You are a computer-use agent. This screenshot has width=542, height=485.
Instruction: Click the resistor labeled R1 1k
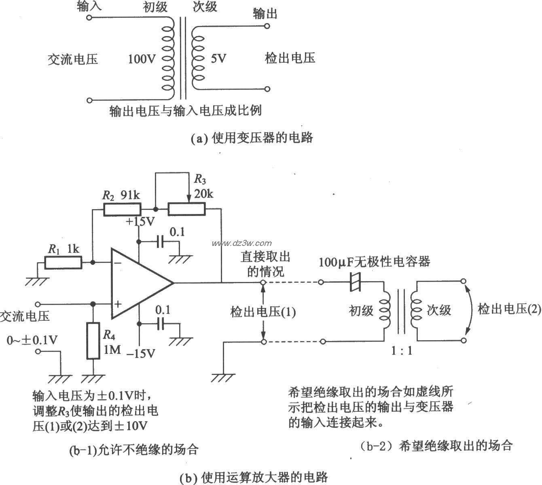pos(63,263)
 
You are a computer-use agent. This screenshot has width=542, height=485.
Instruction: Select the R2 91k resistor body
pos(122,209)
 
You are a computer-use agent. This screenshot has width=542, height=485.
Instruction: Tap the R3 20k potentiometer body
pos(186,209)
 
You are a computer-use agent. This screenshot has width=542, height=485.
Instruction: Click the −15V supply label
pos(140,353)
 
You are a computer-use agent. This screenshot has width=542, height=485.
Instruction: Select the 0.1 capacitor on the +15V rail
pos(161,242)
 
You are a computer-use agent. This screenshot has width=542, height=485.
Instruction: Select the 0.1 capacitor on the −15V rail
pos(161,324)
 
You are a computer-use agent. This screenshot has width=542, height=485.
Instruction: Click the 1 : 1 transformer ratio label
pos(401,350)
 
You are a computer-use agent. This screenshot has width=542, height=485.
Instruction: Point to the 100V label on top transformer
pos(142,59)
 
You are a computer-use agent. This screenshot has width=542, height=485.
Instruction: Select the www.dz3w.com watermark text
pos(242,243)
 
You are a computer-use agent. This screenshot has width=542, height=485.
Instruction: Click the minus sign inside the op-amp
pos(118,262)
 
